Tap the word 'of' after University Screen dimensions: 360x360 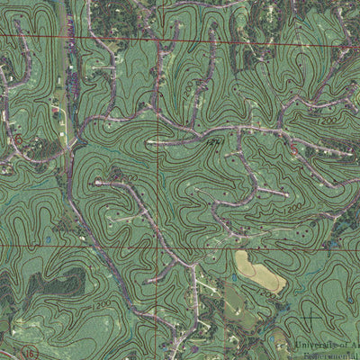339,346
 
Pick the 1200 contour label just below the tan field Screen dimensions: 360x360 266,295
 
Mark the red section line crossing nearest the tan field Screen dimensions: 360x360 163,246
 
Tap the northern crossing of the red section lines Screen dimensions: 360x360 163,39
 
